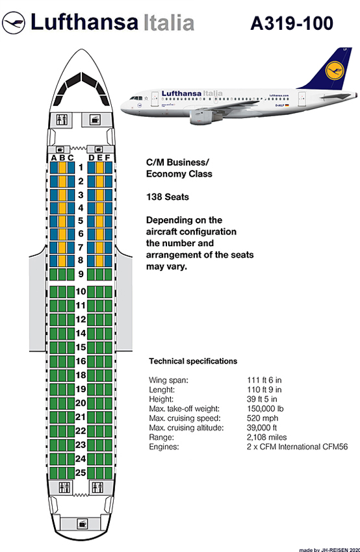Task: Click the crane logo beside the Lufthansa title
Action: [x=14, y=23]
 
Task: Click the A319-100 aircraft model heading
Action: [x=292, y=23]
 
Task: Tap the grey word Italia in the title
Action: [x=169, y=23]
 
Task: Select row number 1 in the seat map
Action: [x=81, y=167]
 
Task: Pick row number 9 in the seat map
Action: [x=81, y=274]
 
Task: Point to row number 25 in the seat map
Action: [x=81, y=472]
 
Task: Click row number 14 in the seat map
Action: [x=81, y=333]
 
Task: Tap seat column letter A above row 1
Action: [x=54, y=158]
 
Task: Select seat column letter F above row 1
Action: [x=108, y=158]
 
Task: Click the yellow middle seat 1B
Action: [x=62, y=168]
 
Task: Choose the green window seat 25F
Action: [x=108, y=473]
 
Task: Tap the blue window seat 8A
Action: [x=54, y=261]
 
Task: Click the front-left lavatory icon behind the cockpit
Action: [x=64, y=119]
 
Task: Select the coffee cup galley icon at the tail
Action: [x=83, y=523]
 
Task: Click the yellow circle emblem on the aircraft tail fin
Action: [x=334, y=70]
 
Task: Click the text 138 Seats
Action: [x=167, y=197]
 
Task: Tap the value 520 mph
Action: [x=263, y=418]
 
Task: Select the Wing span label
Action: [x=168, y=380]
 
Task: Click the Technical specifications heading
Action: [x=193, y=361]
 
